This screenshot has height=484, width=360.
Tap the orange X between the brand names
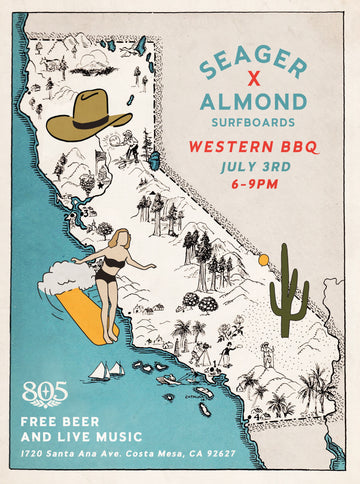252,83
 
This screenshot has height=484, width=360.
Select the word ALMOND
253,103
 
